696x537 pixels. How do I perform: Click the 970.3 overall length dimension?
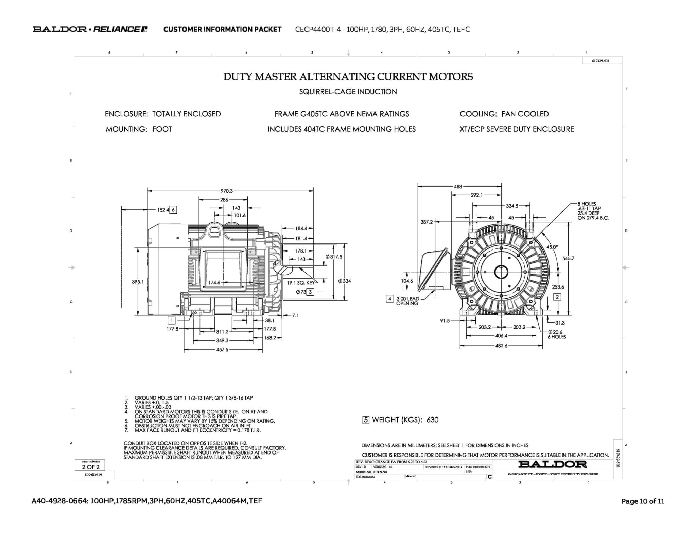pos(227,191)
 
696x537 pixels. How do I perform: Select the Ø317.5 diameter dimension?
pos(334,257)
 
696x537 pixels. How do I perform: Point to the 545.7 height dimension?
pos(568,258)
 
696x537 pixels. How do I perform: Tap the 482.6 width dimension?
pos(501,346)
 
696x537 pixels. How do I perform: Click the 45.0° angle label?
pos(552,247)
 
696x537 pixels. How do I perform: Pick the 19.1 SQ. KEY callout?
pos(301,282)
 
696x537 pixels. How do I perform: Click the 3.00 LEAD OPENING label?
pos(407,301)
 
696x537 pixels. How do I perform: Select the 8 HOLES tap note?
pos(593,211)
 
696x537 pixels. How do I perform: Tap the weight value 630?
pos(432,420)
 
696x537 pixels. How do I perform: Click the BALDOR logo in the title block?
pos(552,464)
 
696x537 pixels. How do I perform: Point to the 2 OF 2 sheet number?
pos(91,467)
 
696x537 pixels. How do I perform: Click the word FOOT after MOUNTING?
pos(162,129)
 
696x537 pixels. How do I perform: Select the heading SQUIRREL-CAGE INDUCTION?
pos(348,92)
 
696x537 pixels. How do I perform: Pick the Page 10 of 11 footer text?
pos(643,501)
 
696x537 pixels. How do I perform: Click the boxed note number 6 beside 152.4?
pos(173,210)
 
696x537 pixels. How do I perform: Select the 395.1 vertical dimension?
pos(138,282)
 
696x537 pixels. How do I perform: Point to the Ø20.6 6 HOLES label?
pos(557,334)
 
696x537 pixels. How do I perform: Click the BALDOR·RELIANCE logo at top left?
pos(90,29)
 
